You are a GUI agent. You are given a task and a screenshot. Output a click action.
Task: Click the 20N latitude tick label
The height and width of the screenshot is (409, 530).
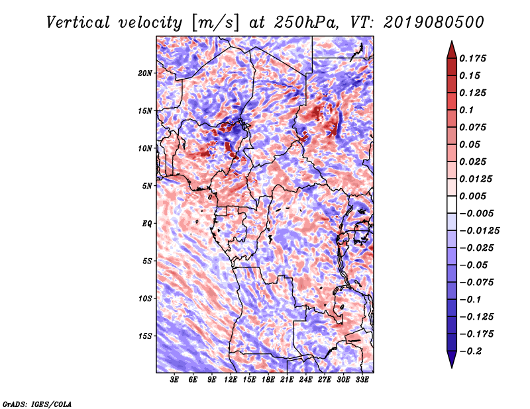[x=144, y=73]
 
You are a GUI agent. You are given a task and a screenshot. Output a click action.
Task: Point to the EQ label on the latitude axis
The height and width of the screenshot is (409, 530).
[x=146, y=224]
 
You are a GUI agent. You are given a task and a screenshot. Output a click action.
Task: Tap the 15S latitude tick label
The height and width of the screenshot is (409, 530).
[x=144, y=336]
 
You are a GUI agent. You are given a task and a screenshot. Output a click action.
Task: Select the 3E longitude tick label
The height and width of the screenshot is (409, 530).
[x=174, y=380]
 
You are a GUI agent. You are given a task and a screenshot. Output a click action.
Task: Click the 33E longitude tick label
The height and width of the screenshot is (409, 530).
[x=362, y=380]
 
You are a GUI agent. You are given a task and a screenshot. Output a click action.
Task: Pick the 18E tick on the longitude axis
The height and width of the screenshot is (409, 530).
[x=268, y=380]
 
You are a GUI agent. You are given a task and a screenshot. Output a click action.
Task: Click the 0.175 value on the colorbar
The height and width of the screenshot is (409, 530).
[x=472, y=58]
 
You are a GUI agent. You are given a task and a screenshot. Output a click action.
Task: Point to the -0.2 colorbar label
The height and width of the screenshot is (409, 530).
[x=470, y=351]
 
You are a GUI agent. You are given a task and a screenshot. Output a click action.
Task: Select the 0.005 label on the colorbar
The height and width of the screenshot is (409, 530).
[x=472, y=196]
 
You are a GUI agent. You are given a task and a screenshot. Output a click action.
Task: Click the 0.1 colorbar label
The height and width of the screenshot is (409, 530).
[x=466, y=110]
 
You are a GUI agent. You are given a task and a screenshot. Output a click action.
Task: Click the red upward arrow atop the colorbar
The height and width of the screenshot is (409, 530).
[x=452, y=50]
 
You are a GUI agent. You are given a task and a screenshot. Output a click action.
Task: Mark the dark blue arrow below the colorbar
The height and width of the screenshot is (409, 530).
[x=452, y=359]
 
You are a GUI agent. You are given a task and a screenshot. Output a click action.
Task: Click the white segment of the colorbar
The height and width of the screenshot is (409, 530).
[x=452, y=204]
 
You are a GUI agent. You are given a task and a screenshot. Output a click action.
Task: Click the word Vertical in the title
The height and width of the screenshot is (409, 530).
[x=78, y=23]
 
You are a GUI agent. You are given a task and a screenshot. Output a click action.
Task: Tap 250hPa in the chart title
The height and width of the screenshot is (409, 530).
[x=306, y=23]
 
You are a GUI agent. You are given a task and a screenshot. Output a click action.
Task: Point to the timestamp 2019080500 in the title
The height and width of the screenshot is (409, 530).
[x=434, y=23]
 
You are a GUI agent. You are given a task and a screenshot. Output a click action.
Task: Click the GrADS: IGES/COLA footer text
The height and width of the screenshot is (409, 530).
[x=37, y=404]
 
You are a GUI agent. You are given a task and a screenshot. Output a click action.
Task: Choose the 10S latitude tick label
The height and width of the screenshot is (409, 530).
[x=144, y=298]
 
